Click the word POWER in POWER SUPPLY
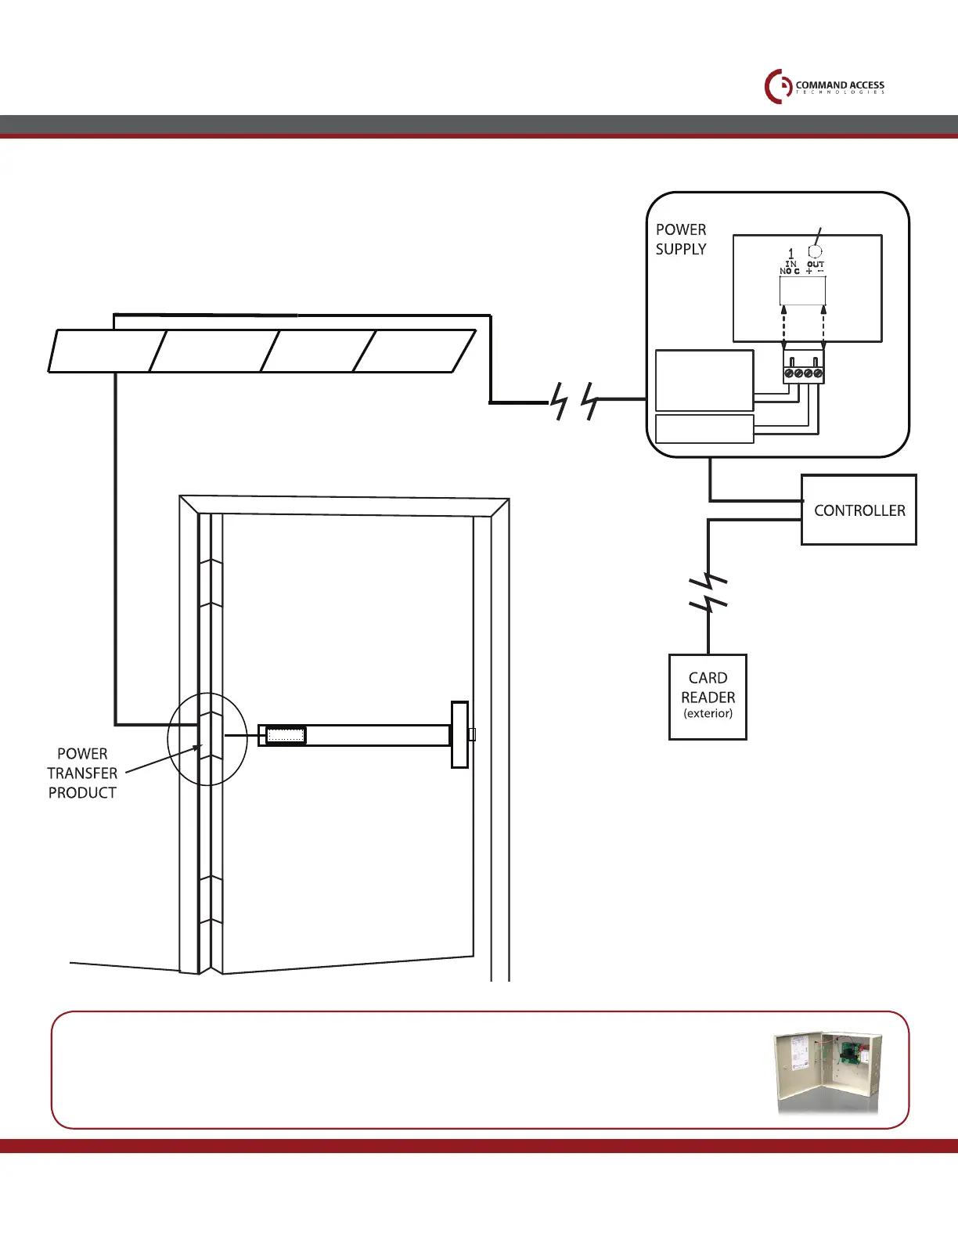[x=680, y=229]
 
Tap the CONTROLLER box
[x=859, y=510]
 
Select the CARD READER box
[x=708, y=696]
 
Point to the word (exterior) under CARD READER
[x=708, y=714]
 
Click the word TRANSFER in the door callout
[x=82, y=773]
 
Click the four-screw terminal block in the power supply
[x=803, y=373]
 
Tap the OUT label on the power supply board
[x=816, y=265]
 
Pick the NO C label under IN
[x=789, y=272]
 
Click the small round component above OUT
[x=815, y=251]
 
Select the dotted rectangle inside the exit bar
[x=285, y=735]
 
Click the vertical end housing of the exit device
[x=459, y=734]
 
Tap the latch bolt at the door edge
[x=472, y=734]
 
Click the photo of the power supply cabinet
[x=828, y=1072]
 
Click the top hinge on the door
[x=210, y=582]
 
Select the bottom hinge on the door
[x=210, y=899]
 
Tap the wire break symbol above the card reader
[x=708, y=592]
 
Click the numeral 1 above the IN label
[x=791, y=254]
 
